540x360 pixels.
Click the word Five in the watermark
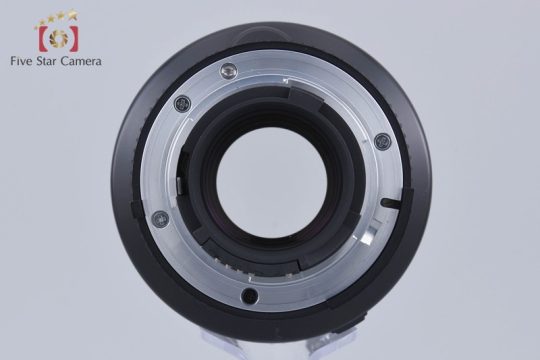pyautogui.click(x=22, y=61)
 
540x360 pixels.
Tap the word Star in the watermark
pyautogui.click(x=48, y=61)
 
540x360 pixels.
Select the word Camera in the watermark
pyautogui.click(x=81, y=61)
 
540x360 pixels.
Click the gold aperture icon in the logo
pyautogui.click(x=58, y=38)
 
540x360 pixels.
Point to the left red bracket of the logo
pyautogui.click(x=42, y=38)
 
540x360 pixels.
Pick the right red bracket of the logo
pyautogui.click(x=73, y=39)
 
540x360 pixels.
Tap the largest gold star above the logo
pyautogui.click(x=72, y=14)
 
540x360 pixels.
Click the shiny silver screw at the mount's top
pyautogui.click(x=228, y=71)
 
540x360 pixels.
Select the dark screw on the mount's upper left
pyautogui.click(x=183, y=103)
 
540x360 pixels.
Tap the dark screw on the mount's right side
pyautogui.click(x=383, y=141)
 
